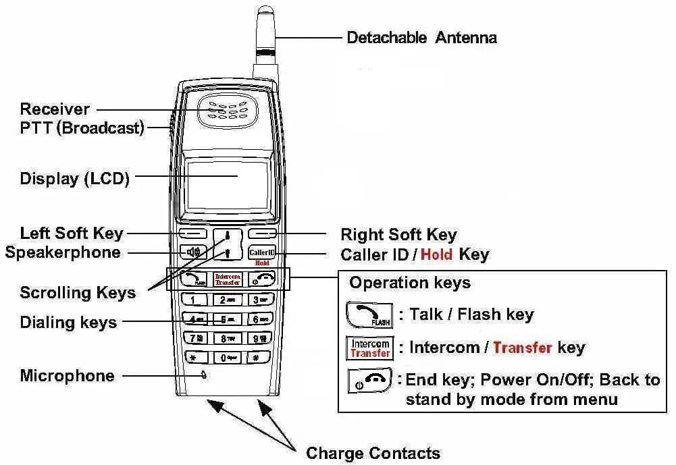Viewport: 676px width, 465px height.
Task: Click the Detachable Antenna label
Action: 421,37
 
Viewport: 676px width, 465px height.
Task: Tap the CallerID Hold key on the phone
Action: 263,254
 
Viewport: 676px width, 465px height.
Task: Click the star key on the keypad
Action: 194,358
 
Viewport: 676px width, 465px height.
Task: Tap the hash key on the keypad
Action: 257,358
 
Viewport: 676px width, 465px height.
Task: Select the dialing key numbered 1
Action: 194,300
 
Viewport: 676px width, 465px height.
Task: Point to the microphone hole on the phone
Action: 203,375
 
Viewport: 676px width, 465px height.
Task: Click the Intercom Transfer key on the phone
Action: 228,279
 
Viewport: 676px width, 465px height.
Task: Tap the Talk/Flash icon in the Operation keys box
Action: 369,314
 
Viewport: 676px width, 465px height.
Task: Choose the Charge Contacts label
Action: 373,453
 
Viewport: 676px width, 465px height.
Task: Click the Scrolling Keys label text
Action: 78,293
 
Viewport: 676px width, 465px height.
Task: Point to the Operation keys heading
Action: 410,282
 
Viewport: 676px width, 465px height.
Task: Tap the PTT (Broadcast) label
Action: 82,128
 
